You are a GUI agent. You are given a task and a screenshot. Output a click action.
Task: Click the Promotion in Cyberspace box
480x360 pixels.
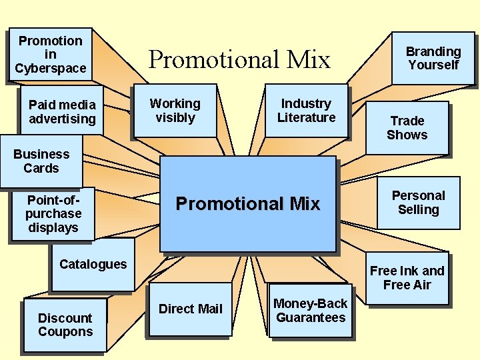pos(50,55)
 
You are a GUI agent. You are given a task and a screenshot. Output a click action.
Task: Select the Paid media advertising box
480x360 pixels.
pos(62,112)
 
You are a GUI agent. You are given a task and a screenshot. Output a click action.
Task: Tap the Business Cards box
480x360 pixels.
pos(41,161)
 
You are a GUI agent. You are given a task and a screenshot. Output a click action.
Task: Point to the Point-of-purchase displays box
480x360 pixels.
pos(53,213)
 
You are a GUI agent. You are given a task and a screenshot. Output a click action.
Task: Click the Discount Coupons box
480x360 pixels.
pos(65,325)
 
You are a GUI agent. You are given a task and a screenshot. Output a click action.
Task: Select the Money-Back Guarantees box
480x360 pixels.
pos(311,311)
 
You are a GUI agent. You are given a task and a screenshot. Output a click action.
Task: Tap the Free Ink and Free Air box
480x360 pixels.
pos(407,278)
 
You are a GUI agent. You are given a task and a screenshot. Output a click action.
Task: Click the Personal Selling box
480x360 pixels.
pos(418,203)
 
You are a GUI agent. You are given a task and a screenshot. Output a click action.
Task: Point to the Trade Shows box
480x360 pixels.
pos(407,127)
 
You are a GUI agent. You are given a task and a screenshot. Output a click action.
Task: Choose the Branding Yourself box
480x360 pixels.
pos(433,58)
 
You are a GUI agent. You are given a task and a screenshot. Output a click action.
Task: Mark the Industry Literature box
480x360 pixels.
pos(306,111)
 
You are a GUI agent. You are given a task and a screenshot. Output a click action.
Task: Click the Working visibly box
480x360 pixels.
pos(175,111)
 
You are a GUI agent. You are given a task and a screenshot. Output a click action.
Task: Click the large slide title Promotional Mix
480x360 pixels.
pos(239,60)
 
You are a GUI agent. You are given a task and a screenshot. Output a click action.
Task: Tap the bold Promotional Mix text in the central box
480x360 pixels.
pos(248,204)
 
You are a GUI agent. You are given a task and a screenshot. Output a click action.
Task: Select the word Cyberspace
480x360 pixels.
pos(50,69)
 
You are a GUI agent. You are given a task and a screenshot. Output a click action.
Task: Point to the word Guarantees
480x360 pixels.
pos(311,318)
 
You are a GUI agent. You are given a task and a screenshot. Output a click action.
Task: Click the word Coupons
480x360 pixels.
pos(65,332)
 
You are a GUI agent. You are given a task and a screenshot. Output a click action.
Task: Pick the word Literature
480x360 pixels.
pos(306,118)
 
